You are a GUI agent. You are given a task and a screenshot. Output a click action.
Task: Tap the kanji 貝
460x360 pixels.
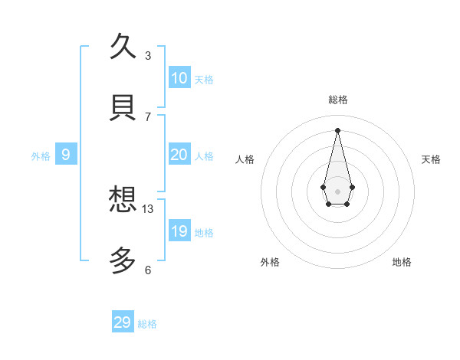[123, 107]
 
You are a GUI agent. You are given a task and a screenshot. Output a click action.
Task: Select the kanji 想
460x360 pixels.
[123, 200]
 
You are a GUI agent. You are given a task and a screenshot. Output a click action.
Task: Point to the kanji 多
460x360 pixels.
[123, 261]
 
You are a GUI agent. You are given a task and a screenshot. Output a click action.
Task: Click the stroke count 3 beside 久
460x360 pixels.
[148, 55]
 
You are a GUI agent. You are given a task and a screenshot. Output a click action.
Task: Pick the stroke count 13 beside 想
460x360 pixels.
[148, 208]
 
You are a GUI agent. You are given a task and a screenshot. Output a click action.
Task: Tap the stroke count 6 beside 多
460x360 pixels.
[148, 270]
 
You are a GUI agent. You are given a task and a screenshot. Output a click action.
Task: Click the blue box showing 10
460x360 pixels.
[179, 78]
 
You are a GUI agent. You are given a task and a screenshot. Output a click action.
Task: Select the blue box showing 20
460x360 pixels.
[179, 155]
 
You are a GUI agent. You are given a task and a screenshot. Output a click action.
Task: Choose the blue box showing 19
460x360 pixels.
[179, 231]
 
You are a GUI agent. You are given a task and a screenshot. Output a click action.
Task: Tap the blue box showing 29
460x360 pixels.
[123, 322]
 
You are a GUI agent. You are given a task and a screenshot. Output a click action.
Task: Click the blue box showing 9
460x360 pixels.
[66, 155]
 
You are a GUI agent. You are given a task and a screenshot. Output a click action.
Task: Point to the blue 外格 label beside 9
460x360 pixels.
[41, 156]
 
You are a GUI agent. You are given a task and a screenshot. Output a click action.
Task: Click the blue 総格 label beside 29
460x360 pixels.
[147, 324]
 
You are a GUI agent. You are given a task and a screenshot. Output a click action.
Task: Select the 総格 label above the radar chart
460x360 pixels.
[338, 100]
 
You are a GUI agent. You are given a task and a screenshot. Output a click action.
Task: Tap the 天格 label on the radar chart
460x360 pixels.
[431, 159]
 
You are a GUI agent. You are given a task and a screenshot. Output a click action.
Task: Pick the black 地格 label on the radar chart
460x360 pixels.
[402, 262]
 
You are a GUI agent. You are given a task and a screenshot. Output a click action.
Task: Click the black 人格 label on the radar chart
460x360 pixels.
[245, 159]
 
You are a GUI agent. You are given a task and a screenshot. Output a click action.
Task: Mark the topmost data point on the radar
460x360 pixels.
[337, 129]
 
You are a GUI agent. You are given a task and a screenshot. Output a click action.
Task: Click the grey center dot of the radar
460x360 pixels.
[337, 191]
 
